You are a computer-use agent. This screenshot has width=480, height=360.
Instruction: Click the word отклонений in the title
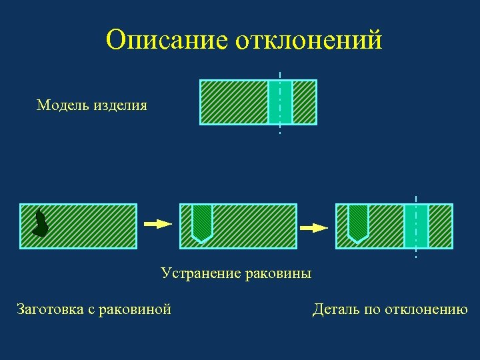pos(309,40)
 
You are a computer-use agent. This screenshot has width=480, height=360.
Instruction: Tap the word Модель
pos(63,105)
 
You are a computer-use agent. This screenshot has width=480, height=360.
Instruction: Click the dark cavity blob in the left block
pos(41,224)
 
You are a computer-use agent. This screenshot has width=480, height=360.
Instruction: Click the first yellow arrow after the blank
pos(159,225)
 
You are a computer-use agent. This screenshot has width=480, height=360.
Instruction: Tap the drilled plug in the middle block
pos(202,221)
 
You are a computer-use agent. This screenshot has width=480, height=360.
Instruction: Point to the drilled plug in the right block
pos(358,221)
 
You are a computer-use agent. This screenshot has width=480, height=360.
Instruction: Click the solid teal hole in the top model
pos(280,102)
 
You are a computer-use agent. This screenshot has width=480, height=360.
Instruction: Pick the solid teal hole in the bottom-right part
pos(416,226)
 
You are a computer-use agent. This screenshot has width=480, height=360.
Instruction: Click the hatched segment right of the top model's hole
pos(305,102)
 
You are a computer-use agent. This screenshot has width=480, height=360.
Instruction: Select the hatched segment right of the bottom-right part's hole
pos(440,226)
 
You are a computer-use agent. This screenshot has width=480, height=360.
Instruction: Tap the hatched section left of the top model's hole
pos(234,102)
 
